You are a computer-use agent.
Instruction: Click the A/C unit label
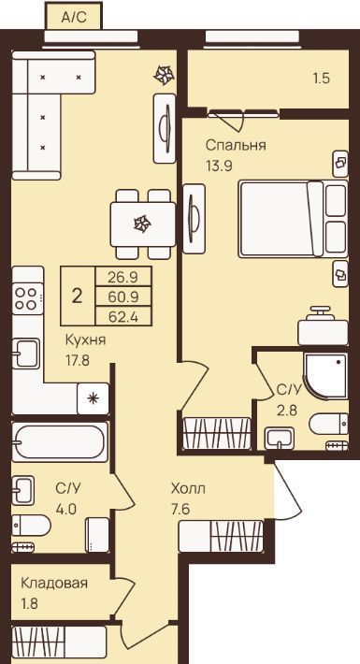pos(74,18)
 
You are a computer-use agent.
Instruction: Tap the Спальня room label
pos(236,145)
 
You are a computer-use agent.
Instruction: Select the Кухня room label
pos(85,340)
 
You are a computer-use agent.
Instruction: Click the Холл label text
pos(188,489)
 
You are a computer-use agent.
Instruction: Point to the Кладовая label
pos(54,584)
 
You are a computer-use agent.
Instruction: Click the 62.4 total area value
pos(123,316)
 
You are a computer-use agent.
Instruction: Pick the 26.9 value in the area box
pos(123,277)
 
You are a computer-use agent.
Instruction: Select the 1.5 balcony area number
pos(321,79)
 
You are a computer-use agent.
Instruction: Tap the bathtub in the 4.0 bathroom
pos(59,442)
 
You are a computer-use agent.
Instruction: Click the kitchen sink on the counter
pos(25,354)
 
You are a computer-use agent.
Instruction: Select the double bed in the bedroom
pos(293,219)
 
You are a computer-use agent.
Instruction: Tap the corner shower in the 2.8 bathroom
pos(325,376)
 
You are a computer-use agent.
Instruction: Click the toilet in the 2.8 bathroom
pos(328,425)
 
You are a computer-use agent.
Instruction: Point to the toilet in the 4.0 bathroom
pos(31,526)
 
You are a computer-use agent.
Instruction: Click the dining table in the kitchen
pos(143,224)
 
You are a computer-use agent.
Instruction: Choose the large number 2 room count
pos(77,296)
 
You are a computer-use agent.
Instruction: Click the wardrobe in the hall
pos(221,536)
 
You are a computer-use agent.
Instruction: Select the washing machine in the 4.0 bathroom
pos(97,535)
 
